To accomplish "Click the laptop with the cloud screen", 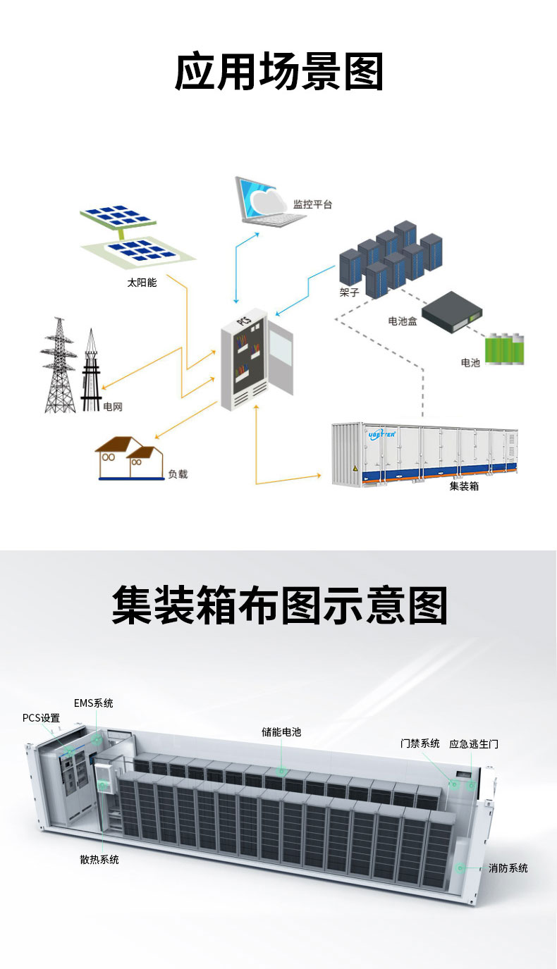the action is [x=269, y=202].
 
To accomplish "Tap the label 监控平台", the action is [x=312, y=204].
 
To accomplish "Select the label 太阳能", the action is [x=142, y=283].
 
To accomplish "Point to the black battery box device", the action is [x=452, y=311].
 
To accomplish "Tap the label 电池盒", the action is [x=403, y=321].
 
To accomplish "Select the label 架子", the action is [x=349, y=292].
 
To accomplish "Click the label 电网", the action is [x=113, y=407].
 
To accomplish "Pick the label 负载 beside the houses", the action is [x=178, y=474].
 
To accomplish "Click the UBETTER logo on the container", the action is [x=381, y=435].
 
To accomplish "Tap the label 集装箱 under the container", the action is [x=464, y=486].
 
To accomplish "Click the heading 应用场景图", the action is [x=279, y=71].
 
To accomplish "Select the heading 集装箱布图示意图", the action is [x=279, y=605].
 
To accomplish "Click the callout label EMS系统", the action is [x=94, y=703].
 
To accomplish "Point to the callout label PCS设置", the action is [x=41, y=717].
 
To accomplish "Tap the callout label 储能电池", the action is [x=281, y=732].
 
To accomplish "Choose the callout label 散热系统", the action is [x=99, y=860].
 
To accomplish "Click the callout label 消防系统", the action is [x=508, y=868].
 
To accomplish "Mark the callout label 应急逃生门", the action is [x=474, y=743].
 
